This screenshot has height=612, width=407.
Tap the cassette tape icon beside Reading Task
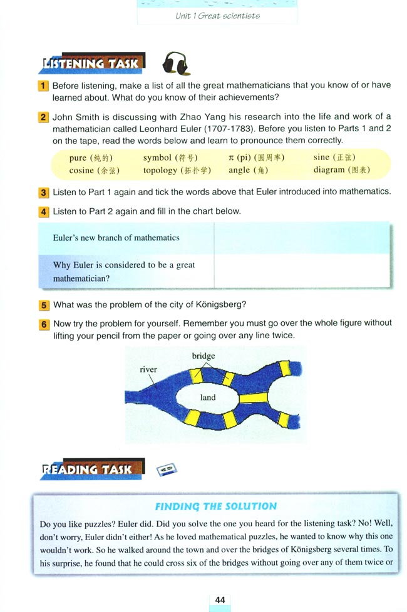coord(167,469)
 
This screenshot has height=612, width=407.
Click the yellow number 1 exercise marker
coord(43,86)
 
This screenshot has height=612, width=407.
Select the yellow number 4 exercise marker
coord(43,211)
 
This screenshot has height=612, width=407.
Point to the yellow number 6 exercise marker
coord(43,324)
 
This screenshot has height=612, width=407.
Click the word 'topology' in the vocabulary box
coord(160,170)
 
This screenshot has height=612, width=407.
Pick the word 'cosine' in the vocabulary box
coord(81,170)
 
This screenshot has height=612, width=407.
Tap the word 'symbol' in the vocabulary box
coord(157,158)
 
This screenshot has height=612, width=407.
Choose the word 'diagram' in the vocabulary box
coord(329,169)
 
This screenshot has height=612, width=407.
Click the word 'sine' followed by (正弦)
coord(321,157)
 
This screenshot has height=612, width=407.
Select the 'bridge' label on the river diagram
coord(203,356)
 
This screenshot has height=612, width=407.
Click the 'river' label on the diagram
coord(148,369)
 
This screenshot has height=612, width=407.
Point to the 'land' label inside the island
coord(207,398)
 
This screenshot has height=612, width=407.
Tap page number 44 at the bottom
coord(220,599)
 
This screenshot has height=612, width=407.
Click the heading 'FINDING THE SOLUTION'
coord(215,506)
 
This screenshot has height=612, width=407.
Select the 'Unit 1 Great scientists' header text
coord(217,15)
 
